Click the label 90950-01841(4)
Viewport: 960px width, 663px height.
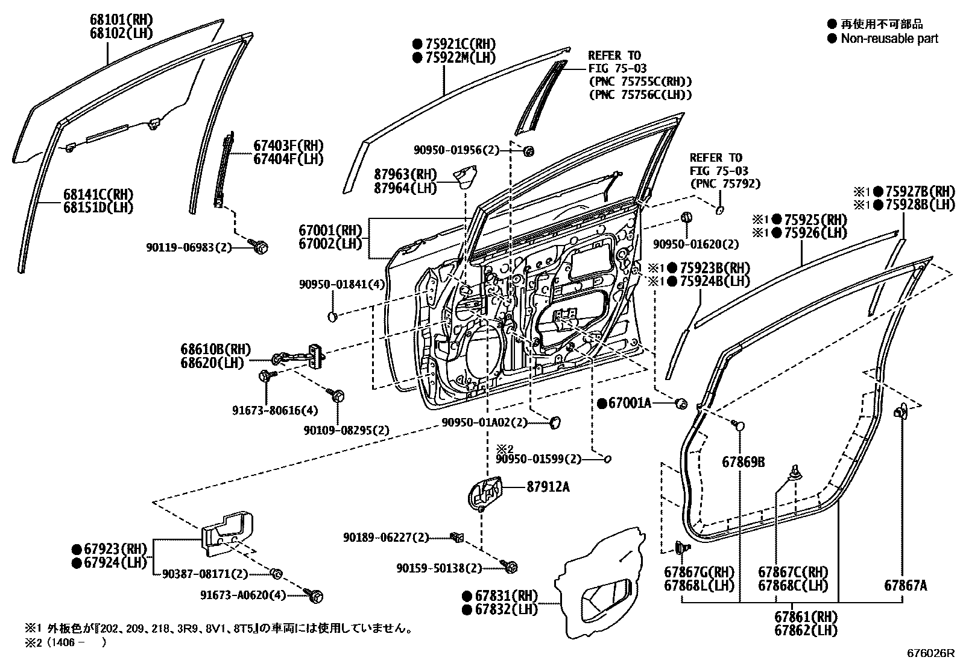[342, 284]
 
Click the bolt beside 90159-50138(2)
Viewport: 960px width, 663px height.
[510, 567]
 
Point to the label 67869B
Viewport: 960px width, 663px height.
[743, 462]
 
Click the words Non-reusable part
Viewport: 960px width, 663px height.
[889, 39]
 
